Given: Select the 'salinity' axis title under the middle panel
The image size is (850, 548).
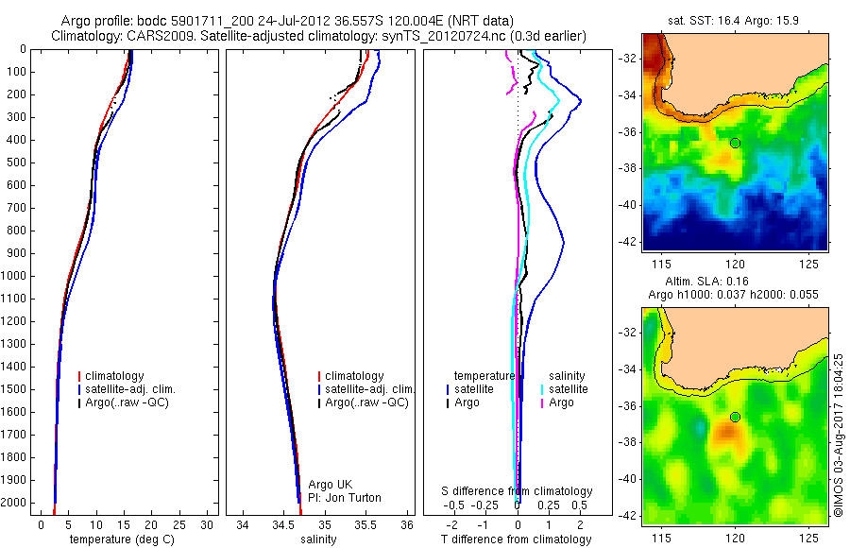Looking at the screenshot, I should [x=318, y=539].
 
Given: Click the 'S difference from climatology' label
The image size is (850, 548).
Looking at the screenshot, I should [x=518, y=491].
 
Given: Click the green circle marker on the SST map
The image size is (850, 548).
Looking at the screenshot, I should [x=735, y=143].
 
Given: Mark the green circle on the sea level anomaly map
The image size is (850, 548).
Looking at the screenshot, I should [x=735, y=417].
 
